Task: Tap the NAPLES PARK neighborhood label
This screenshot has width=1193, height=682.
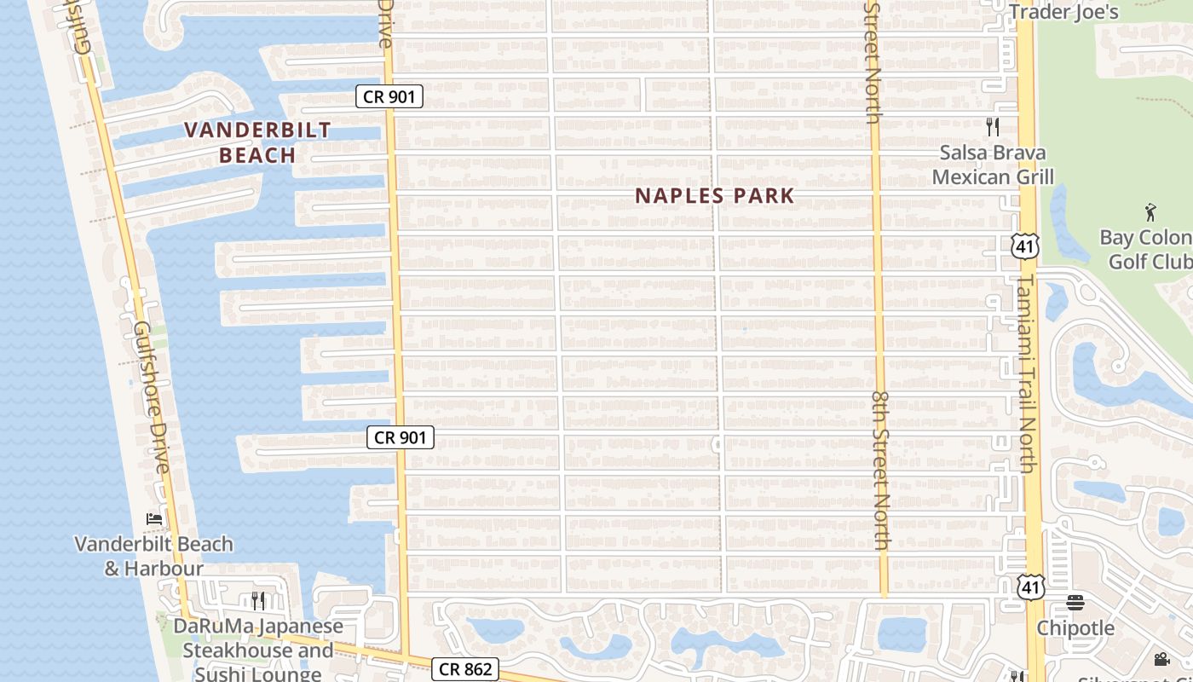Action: click(x=715, y=195)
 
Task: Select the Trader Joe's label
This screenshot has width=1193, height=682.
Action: click(x=1063, y=12)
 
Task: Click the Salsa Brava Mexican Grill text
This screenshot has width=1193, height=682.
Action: click(x=993, y=165)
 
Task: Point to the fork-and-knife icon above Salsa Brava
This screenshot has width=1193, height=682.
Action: click(x=992, y=127)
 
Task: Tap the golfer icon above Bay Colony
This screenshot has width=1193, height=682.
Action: click(x=1151, y=211)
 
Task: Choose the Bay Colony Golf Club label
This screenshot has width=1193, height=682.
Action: click(x=1146, y=249)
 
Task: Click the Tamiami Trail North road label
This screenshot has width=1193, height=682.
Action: click(x=1027, y=373)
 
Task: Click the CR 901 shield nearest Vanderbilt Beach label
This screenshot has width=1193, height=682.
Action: click(x=389, y=96)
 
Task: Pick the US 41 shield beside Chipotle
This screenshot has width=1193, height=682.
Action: click(x=1031, y=587)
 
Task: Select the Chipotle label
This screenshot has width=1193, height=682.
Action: click(x=1075, y=628)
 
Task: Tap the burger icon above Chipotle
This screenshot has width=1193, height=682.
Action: click(x=1075, y=603)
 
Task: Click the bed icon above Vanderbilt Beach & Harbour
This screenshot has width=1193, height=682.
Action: click(x=154, y=518)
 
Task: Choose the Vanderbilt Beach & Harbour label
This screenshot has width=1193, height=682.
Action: click(x=154, y=556)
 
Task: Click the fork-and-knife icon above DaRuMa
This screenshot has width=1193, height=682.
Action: click(x=258, y=601)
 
